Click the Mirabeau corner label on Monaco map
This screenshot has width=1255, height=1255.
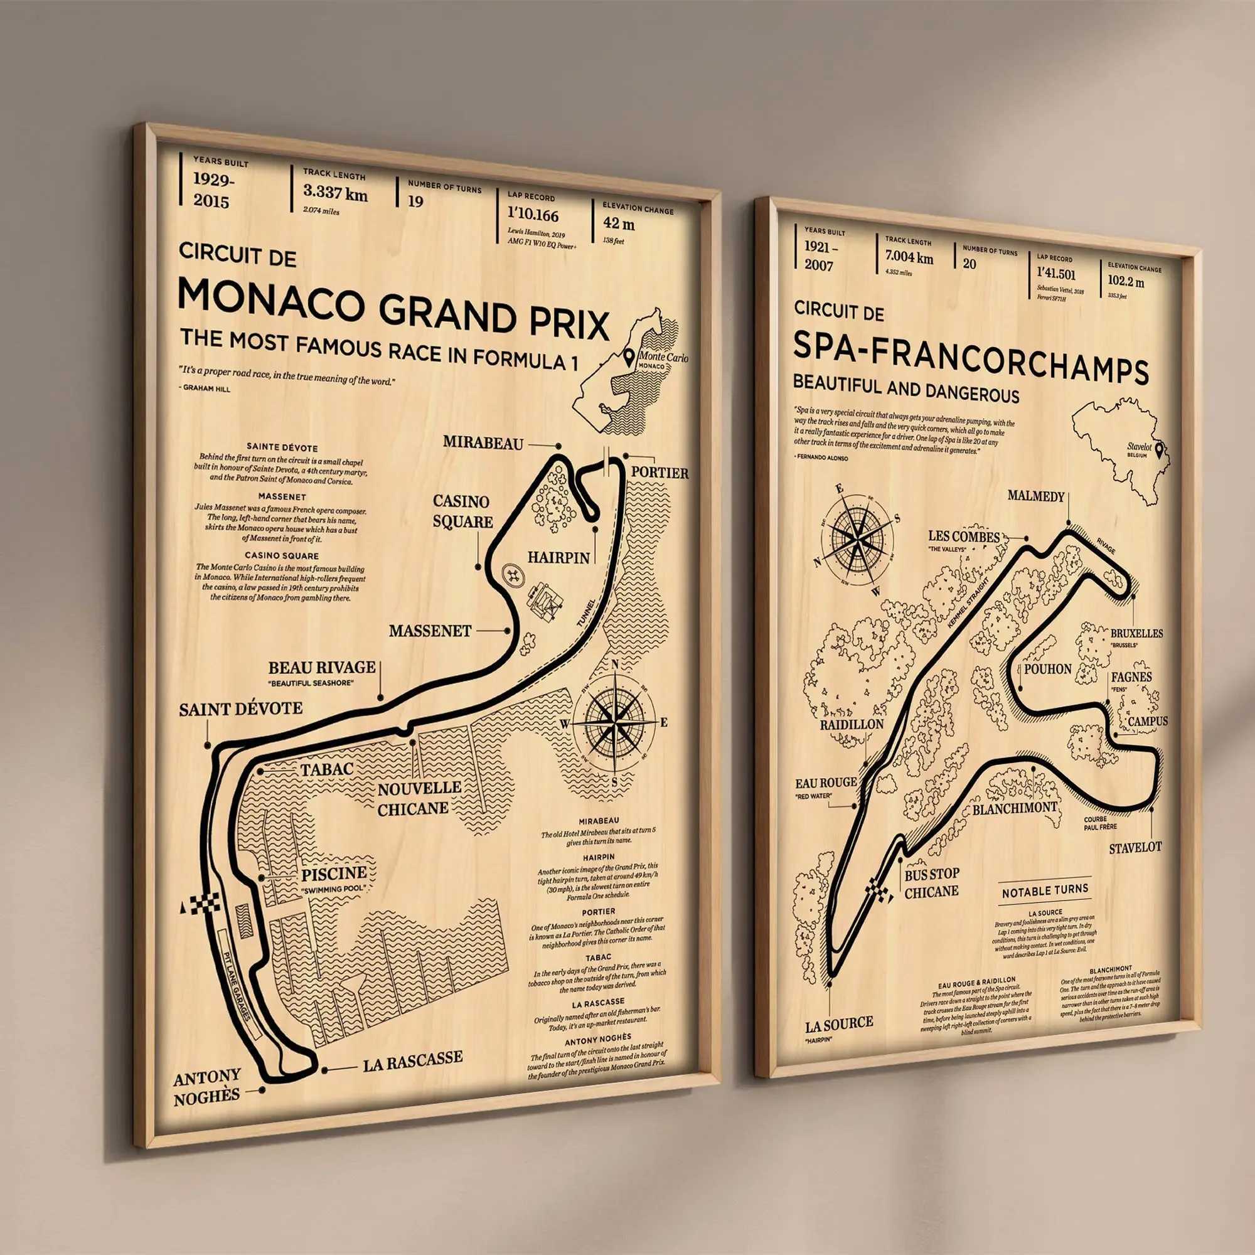point(483,443)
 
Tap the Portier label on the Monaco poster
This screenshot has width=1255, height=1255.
point(660,473)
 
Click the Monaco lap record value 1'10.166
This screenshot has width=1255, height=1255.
point(533,215)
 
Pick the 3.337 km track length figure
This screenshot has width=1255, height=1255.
point(335,193)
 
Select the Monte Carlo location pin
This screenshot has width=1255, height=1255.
point(629,356)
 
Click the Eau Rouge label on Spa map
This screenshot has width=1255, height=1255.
point(826,782)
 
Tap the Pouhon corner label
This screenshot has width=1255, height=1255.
point(1047,669)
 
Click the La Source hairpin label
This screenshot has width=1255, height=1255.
point(838,1023)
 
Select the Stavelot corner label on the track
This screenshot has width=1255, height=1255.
point(1135,848)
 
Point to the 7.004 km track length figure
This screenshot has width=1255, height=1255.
point(909,258)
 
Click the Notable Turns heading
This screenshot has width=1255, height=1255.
point(1045,892)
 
